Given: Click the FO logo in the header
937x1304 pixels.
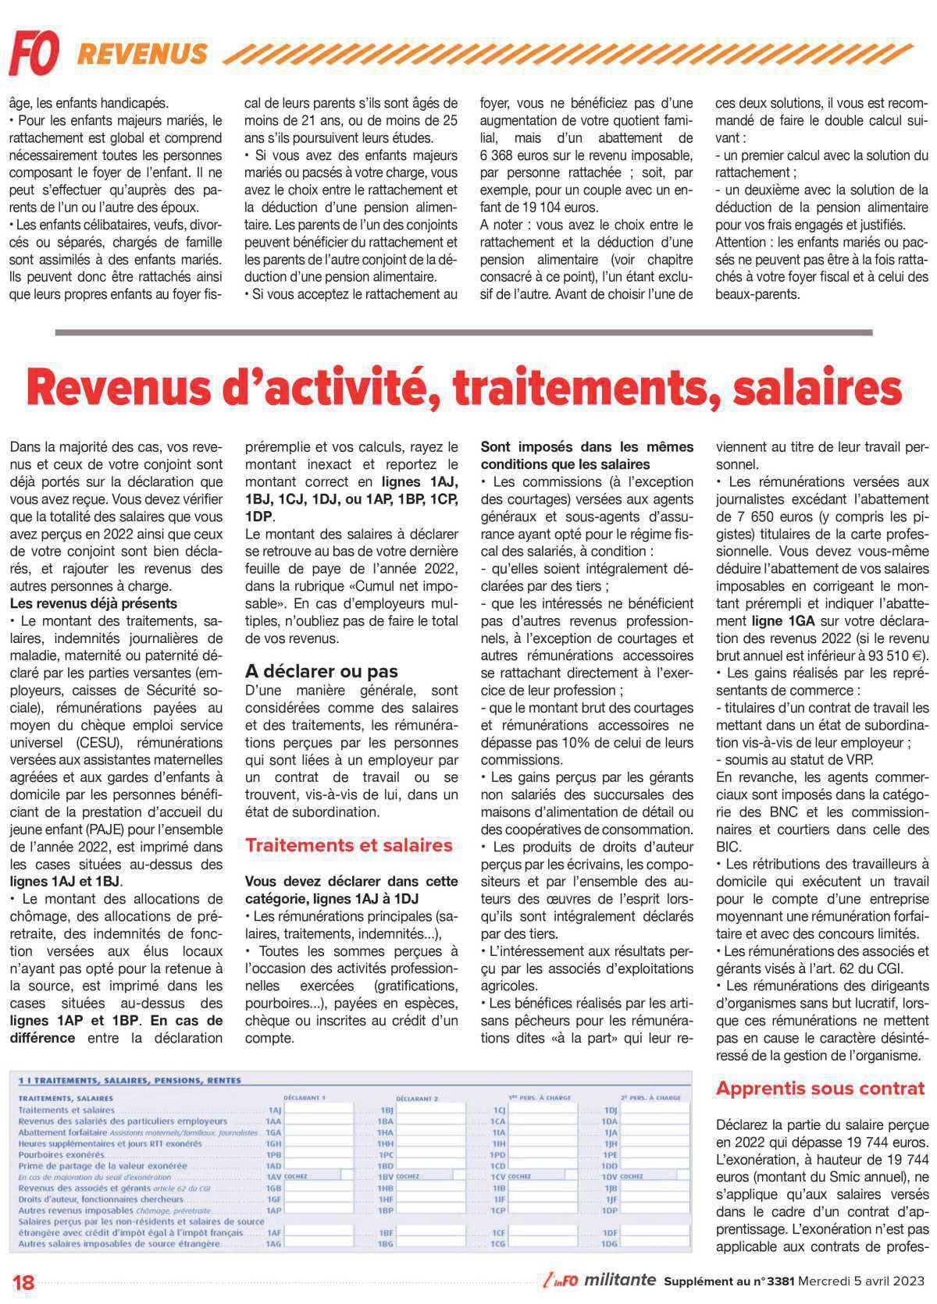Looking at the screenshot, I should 34,53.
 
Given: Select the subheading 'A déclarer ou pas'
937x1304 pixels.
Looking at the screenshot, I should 321,671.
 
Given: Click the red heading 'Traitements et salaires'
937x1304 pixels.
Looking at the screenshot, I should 348,845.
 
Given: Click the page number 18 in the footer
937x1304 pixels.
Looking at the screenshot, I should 24,1282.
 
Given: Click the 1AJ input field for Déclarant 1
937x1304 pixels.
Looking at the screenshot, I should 319,1110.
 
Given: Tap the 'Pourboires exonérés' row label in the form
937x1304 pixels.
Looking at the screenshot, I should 61,1154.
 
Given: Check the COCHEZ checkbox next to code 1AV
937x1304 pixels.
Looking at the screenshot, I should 347,1175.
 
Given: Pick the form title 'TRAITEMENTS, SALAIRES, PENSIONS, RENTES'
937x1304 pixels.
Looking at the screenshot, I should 130,1081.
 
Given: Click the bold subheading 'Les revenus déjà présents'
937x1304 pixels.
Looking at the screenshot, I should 93,603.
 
